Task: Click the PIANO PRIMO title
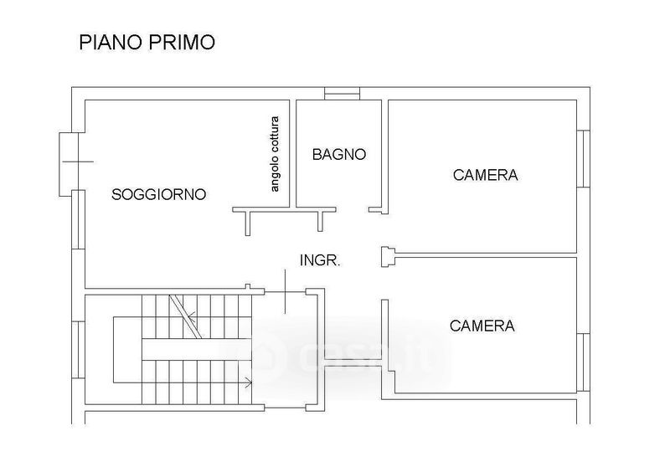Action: (x=147, y=42)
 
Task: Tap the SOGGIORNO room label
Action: (x=158, y=195)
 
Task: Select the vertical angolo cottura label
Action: (x=275, y=154)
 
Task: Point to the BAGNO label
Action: (x=339, y=154)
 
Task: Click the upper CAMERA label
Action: (x=486, y=175)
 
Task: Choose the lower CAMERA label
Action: (x=482, y=326)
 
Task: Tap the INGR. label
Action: (x=320, y=260)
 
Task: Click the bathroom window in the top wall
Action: (x=342, y=94)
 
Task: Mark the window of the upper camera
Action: (x=584, y=159)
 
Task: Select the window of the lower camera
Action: (x=584, y=362)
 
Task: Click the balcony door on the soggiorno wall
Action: (x=70, y=164)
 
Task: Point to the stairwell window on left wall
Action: (x=78, y=350)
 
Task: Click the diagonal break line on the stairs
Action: (x=185, y=316)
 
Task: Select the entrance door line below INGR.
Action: (x=286, y=291)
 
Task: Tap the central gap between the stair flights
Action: (x=196, y=350)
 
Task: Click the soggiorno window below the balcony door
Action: (x=78, y=219)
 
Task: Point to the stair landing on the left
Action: (x=127, y=350)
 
